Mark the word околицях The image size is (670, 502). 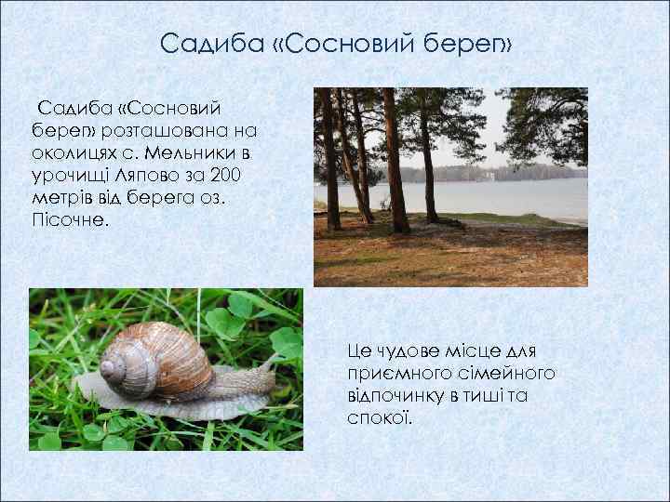point(76,151)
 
